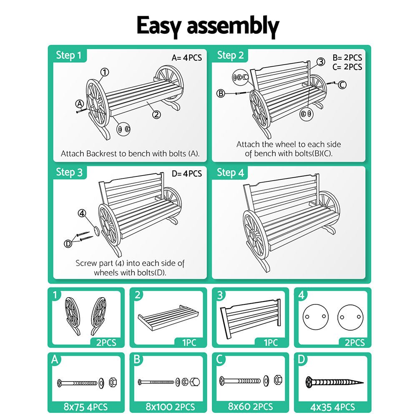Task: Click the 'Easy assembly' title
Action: pos(208,26)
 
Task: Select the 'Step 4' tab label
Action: pos(231,173)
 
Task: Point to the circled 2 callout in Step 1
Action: pos(156,114)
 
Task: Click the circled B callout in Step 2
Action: pos(221,93)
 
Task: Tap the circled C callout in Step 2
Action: pos(342,85)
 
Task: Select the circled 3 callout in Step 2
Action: pos(320,62)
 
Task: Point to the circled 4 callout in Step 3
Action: pos(82,213)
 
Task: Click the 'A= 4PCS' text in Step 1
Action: pos(186,58)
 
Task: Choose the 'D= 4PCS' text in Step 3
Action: pos(186,173)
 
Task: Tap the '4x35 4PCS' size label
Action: pos(332,407)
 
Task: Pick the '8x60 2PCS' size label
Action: pos(250,407)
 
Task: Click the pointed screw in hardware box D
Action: pos(334,382)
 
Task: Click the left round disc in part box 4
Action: pos(315,317)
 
